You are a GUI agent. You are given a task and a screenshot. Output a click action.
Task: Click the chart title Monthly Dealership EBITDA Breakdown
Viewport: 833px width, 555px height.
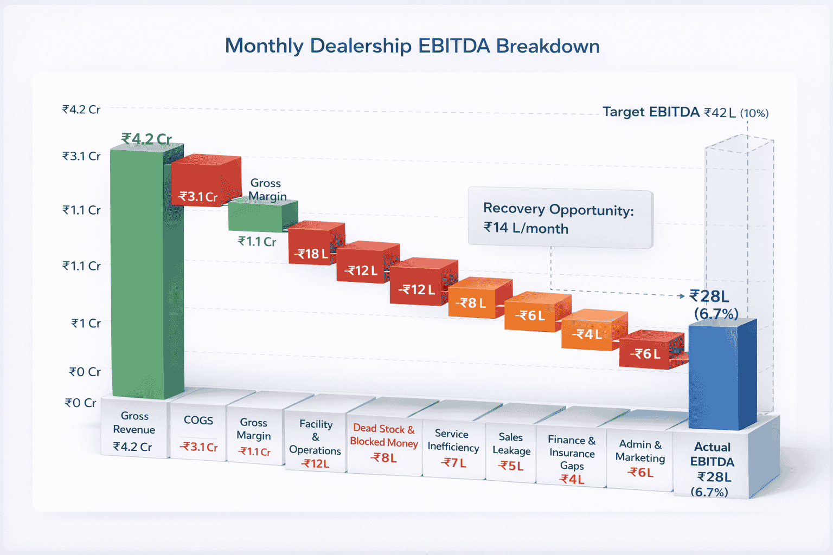[412, 46]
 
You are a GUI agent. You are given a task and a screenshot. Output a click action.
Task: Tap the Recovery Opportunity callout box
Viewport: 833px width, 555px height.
[560, 218]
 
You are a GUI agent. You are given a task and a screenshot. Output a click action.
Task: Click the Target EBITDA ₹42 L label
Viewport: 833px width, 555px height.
[685, 112]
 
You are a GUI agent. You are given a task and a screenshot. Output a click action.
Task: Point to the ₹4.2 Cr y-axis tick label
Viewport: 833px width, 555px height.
[81, 109]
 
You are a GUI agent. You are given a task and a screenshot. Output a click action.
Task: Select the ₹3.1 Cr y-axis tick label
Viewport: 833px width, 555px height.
[81, 156]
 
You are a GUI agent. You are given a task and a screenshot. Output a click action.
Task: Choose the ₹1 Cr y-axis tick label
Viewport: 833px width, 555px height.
[86, 323]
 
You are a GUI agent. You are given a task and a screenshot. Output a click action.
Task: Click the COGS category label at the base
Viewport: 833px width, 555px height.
[198, 420]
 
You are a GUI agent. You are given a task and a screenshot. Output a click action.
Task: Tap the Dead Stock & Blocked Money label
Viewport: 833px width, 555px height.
[384, 435]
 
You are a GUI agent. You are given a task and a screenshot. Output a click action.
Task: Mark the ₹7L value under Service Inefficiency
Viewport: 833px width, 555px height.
[453, 463]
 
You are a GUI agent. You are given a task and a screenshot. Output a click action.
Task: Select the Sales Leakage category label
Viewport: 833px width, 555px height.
[511, 443]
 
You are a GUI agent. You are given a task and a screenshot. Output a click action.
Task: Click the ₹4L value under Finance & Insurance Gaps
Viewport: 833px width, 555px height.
[572, 479]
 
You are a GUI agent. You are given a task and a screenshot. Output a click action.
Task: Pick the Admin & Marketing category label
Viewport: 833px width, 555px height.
[640, 451]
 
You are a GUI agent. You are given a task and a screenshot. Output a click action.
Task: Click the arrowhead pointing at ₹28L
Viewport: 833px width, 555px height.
[682, 296]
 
